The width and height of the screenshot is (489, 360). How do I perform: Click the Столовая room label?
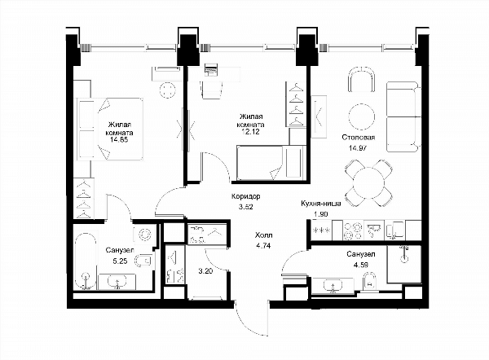tap(359, 137)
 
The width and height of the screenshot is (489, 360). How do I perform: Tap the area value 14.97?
tap(358, 147)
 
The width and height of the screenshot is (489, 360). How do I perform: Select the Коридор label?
tap(246, 196)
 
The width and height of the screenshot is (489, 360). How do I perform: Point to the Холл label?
tap(263, 235)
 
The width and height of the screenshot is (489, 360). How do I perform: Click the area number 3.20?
tap(205, 271)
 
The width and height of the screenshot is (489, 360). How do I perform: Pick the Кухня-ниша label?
tap(320, 204)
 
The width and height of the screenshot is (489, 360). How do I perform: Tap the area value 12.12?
tap(250, 132)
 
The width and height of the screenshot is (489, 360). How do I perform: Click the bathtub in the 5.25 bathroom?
tap(85, 261)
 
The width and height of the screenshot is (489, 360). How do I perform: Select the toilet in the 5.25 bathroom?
tap(143, 261)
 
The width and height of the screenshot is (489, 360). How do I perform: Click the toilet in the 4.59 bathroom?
tap(370, 281)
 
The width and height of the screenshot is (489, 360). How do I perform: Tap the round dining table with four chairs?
tap(368, 183)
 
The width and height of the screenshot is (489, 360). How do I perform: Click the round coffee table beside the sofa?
tap(361, 117)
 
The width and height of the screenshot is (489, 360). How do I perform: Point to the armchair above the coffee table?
tap(361, 80)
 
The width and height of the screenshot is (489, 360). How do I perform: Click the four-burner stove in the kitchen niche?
tap(353, 230)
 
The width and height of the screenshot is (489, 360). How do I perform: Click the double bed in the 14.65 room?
tap(110, 129)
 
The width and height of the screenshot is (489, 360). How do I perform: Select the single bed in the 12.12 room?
tap(271, 163)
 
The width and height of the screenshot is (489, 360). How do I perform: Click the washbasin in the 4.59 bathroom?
tap(333, 286)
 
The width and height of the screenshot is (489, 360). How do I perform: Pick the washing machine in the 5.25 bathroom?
tap(144, 234)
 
